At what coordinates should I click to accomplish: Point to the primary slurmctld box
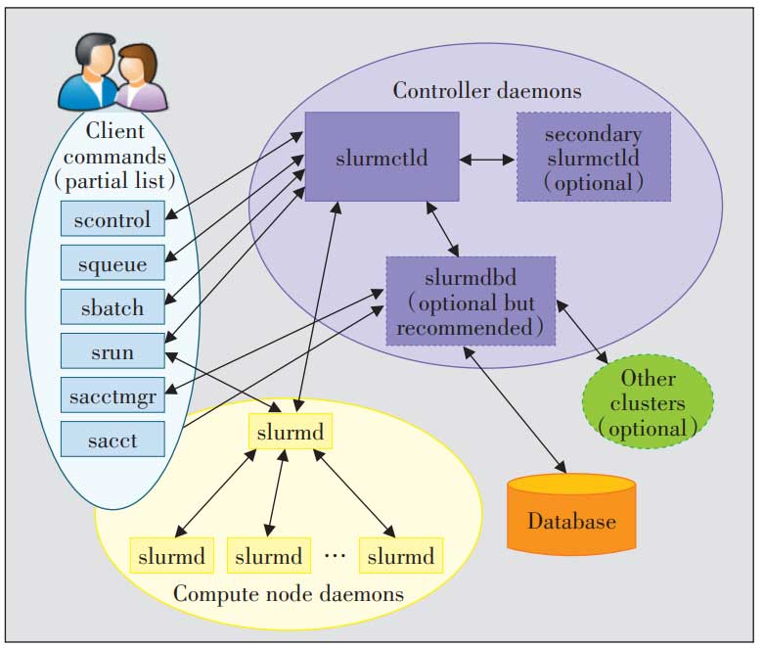[x=381, y=157]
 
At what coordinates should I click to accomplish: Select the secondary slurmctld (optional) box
[x=593, y=157]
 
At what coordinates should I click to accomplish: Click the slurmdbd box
[x=471, y=301]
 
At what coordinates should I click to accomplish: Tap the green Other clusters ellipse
[x=648, y=401]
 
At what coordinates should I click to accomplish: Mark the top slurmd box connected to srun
[x=291, y=431]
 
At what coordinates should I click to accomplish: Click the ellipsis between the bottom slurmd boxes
[x=334, y=556]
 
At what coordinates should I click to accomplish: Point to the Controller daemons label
[x=487, y=91]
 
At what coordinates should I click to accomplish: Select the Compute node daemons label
[x=288, y=593]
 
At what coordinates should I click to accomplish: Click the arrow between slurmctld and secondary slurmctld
[x=487, y=158]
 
